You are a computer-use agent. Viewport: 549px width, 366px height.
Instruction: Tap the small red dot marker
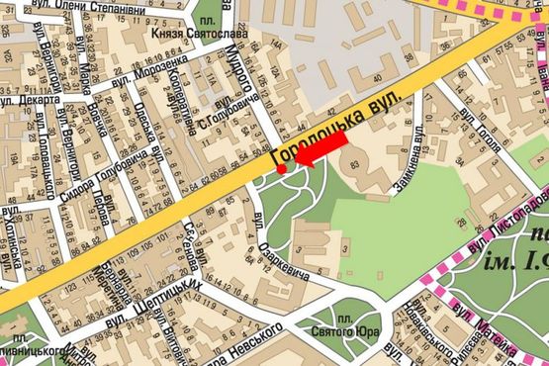(x=281, y=170)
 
